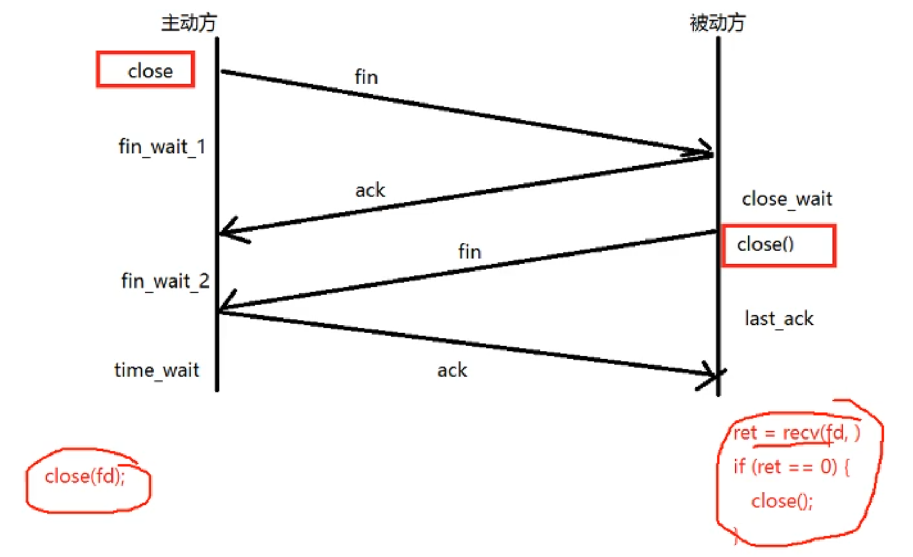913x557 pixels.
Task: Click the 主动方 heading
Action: [189, 23]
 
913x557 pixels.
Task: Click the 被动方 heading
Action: [717, 23]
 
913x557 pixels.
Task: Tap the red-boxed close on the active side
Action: [150, 71]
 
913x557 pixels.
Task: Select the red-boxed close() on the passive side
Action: [765, 244]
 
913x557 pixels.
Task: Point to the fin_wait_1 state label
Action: [162, 147]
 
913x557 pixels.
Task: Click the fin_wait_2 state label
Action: [165, 281]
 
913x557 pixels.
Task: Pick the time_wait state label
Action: [157, 370]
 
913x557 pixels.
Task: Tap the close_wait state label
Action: [787, 199]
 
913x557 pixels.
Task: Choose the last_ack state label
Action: [779, 319]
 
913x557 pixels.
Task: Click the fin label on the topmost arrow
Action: [366, 77]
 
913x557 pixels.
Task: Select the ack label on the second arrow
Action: [370, 190]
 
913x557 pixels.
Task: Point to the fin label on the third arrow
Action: [469, 251]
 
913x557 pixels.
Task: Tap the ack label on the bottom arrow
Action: [452, 370]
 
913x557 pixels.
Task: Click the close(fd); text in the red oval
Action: [85, 476]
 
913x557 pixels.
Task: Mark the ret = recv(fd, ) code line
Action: [796, 433]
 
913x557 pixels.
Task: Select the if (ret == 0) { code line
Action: [791, 467]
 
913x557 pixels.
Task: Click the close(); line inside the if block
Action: [782, 501]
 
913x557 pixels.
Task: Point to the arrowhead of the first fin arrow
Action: [707, 152]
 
